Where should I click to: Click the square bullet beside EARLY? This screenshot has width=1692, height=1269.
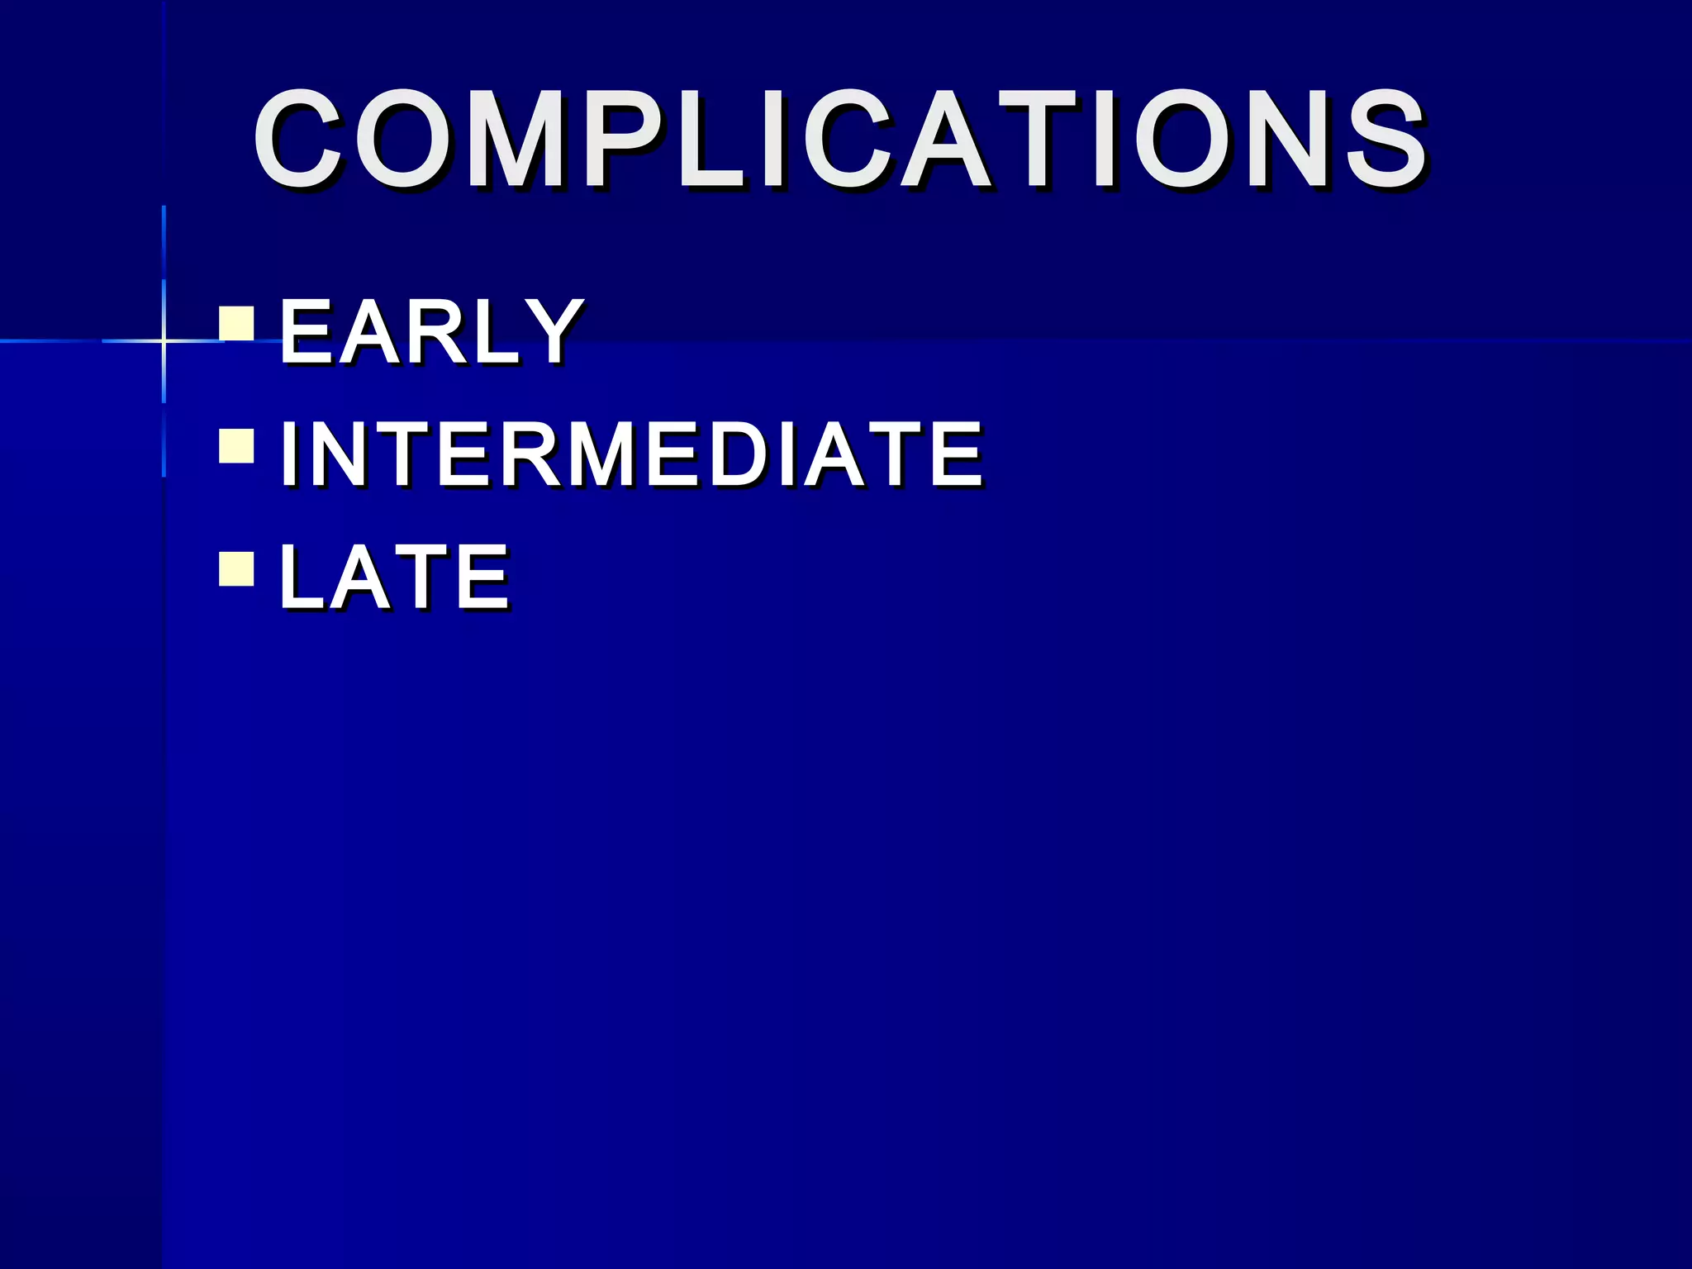click(x=236, y=324)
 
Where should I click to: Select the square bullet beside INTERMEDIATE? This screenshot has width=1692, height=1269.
click(x=236, y=445)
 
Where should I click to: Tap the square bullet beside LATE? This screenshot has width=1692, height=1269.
click(x=236, y=568)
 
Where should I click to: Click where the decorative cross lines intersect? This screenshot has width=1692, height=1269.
click(x=164, y=340)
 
